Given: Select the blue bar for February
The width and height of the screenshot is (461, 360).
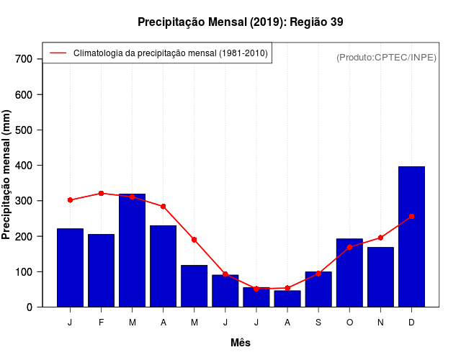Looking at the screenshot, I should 101,270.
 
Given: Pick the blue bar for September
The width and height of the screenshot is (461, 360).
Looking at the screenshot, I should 318,289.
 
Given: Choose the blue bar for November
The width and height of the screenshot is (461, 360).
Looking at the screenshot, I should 380,276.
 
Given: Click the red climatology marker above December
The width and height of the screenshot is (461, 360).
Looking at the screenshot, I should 411,216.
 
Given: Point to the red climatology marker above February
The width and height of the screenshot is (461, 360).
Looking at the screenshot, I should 101,193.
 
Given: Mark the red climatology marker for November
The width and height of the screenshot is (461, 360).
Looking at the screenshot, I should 380,238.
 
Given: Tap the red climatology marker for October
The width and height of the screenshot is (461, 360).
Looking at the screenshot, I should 349,247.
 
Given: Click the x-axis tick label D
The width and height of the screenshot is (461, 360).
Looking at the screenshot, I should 411,323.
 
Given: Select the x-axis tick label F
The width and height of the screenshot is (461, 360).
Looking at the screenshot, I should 101,323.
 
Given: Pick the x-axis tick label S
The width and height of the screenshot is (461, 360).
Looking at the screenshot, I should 318,323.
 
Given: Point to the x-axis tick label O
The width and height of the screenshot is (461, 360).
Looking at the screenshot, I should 349,323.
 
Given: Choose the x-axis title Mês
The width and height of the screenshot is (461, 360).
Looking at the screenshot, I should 241,343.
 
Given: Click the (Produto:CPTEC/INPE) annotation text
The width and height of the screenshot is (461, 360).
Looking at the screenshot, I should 386,57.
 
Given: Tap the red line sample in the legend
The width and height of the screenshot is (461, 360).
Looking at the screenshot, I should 58,53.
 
